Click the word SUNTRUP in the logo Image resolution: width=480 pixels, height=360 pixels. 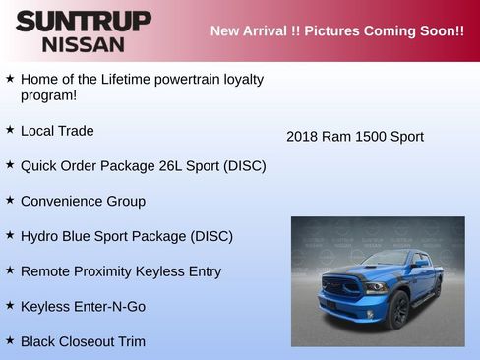click(x=84, y=21)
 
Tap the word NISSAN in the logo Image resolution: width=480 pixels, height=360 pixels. click(x=84, y=44)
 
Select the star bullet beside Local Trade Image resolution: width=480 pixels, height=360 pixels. click(x=10, y=129)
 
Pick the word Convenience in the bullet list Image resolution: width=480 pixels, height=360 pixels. click(x=58, y=201)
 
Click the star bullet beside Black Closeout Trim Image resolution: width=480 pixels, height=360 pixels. click(x=10, y=340)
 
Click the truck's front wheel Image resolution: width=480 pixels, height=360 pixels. click(x=397, y=309)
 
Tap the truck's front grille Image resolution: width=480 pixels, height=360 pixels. click(x=341, y=289)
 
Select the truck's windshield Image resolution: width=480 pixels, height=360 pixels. click(x=387, y=260)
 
